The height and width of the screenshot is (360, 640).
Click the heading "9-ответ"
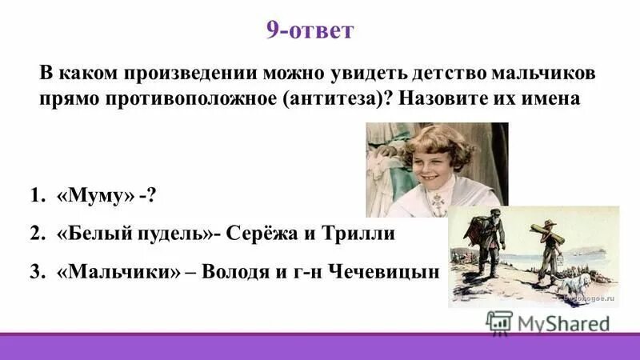pyautogui.click(x=309, y=31)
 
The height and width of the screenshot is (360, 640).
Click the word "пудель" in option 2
pyautogui.click(x=181, y=234)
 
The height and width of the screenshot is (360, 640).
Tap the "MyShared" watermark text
pyautogui.click(x=564, y=323)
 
